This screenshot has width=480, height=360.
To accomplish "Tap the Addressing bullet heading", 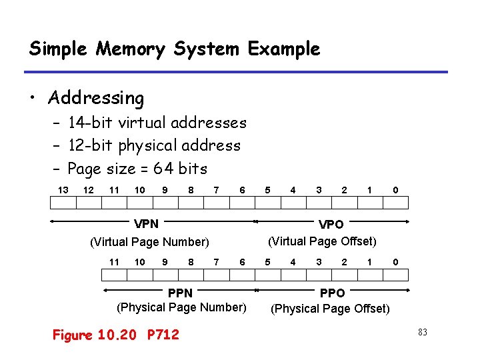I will (x=96, y=99).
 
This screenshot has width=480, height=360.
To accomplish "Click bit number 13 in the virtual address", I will (x=63, y=190).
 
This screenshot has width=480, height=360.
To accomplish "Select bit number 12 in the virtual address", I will (x=88, y=190).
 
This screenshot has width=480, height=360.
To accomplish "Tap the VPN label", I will (x=146, y=224).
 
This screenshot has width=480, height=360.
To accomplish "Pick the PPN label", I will (x=180, y=293).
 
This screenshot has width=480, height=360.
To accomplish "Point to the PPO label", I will (x=333, y=293).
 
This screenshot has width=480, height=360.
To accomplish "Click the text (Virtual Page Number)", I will (x=149, y=241).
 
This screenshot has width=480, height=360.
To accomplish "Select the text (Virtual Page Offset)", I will (x=322, y=241).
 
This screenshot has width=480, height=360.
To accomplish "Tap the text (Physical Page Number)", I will (x=181, y=307).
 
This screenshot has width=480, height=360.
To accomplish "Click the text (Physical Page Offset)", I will (x=330, y=309).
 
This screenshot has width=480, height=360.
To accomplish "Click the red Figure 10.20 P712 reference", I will (x=116, y=335).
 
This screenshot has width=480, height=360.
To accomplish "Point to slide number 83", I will (x=422, y=332).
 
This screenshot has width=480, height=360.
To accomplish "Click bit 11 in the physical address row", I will (x=114, y=261).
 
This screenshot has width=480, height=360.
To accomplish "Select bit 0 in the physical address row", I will (x=395, y=261).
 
